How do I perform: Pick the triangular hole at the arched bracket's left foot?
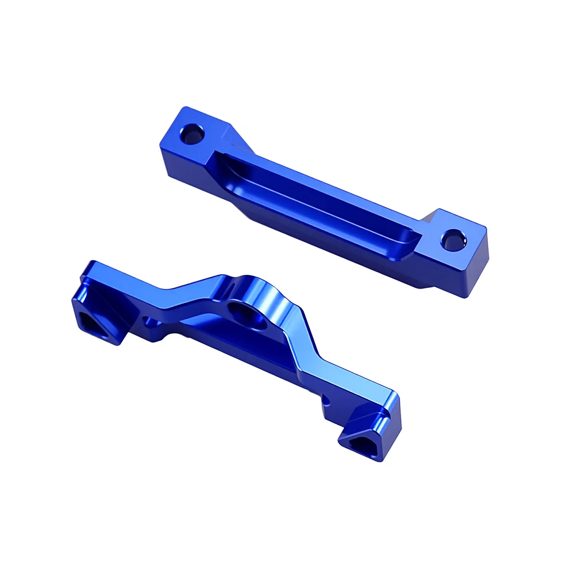95,322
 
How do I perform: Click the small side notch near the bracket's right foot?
327,399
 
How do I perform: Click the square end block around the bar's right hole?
460,248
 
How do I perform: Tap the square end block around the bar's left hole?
188,140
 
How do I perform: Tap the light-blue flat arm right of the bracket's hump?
344,380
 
